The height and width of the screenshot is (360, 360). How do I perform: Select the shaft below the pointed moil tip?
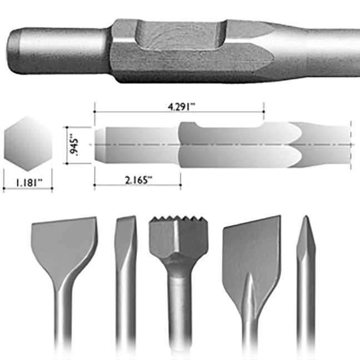[306, 311]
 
